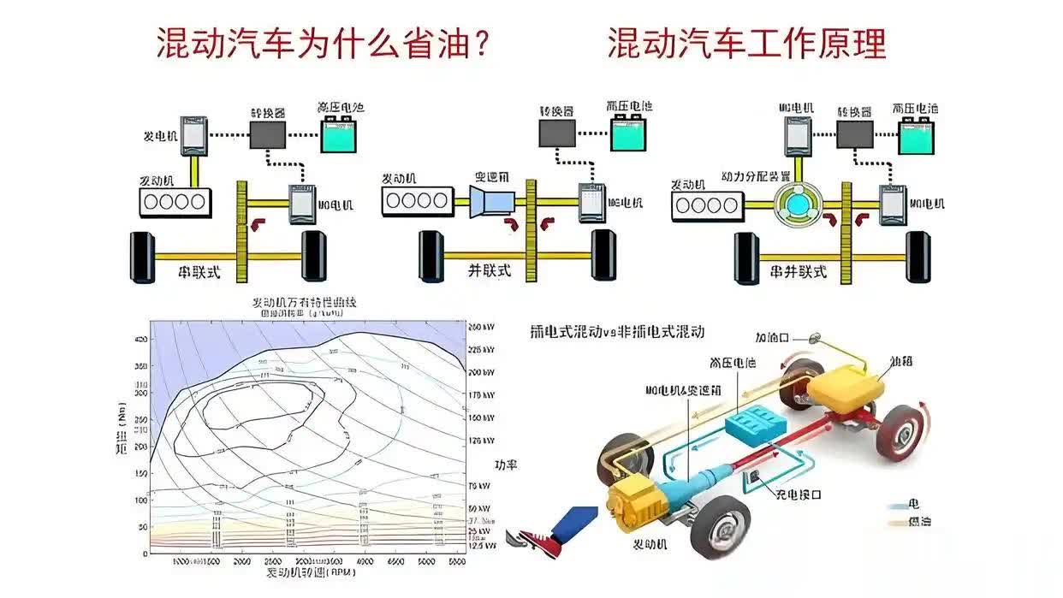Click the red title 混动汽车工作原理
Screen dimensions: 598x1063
(746, 43)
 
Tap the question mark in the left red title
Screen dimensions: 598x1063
(483, 43)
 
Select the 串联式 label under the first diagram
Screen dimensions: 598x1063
(199, 273)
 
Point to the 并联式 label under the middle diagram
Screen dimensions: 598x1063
(490, 270)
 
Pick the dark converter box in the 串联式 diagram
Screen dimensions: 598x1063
(267, 134)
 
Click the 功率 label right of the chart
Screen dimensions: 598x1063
(506, 465)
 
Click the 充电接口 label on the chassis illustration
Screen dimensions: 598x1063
(798, 494)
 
